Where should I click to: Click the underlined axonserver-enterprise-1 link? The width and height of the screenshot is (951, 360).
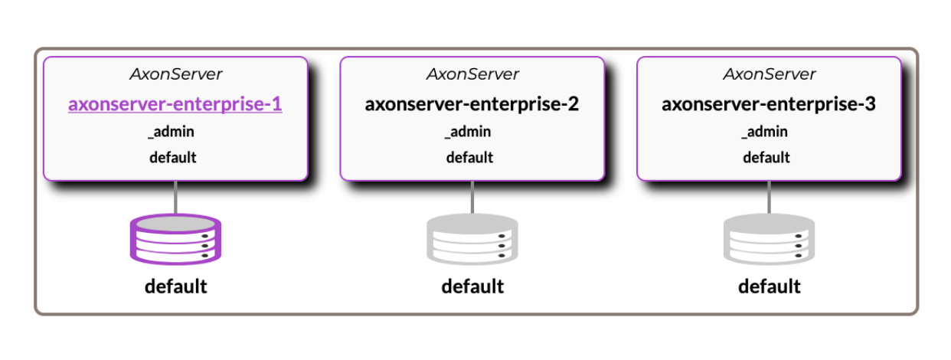pyautogui.click(x=175, y=104)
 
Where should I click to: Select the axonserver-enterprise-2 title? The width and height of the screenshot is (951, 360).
pyautogui.click(x=472, y=104)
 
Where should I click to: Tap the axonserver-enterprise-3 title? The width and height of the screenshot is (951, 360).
pyautogui.click(x=769, y=104)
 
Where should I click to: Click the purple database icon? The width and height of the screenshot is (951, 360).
pyautogui.click(x=175, y=238)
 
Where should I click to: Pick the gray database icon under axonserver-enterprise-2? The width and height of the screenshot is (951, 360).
pyautogui.click(x=472, y=238)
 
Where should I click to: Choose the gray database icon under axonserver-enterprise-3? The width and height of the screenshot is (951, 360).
pyautogui.click(x=769, y=238)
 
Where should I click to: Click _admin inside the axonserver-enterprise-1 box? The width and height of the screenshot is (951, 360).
pyautogui.click(x=172, y=132)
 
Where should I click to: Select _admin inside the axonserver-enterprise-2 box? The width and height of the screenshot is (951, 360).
pyautogui.click(x=469, y=132)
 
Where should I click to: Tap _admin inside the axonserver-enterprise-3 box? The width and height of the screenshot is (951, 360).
pyautogui.click(x=765, y=132)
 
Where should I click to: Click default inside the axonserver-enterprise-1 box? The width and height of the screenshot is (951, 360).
pyautogui.click(x=173, y=158)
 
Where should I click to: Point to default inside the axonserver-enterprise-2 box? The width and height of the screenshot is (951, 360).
pyautogui.click(x=470, y=158)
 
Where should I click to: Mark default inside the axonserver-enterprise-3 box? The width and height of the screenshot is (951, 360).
pyautogui.click(x=766, y=158)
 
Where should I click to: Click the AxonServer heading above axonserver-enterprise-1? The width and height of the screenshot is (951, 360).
pyautogui.click(x=175, y=74)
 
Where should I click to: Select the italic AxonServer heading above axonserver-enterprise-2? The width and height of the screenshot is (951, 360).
pyautogui.click(x=472, y=74)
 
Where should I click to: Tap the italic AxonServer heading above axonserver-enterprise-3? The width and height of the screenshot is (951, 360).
pyautogui.click(x=770, y=74)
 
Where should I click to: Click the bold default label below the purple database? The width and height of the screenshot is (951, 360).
pyautogui.click(x=175, y=286)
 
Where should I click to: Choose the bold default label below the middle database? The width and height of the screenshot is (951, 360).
pyautogui.click(x=472, y=286)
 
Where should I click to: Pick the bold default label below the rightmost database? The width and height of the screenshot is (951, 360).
pyautogui.click(x=770, y=286)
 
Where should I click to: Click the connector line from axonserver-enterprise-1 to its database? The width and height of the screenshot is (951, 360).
pyautogui.click(x=176, y=197)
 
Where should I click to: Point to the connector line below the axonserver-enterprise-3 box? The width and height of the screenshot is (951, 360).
pyautogui.click(x=770, y=197)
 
